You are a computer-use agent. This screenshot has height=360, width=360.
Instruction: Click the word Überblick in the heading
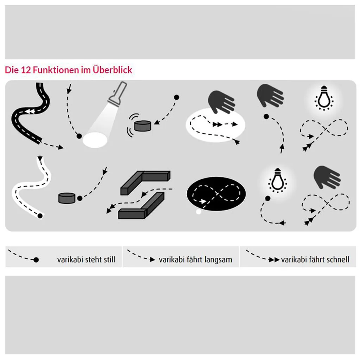[112, 70]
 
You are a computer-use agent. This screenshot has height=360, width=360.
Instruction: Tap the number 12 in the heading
[26, 70]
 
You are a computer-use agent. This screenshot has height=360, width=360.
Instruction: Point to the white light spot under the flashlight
[95, 140]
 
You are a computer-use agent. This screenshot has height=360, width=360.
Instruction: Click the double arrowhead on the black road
[30, 111]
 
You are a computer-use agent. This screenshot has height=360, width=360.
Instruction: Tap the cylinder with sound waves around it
[143, 126]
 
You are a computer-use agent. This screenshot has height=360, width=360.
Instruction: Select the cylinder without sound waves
[67, 198]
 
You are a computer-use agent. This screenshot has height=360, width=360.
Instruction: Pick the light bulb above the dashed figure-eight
[324, 98]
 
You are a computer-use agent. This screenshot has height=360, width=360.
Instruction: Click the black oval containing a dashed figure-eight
[216, 194]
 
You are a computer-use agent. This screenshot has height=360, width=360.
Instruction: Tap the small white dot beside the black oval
[199, 212]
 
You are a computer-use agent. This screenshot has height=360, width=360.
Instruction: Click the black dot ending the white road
[40, 216]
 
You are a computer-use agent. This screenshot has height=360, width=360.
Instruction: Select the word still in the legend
[109, 259]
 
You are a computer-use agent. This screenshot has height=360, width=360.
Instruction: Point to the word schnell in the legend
[338, 259]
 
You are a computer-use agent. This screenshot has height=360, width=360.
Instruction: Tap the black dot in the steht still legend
[36, 260]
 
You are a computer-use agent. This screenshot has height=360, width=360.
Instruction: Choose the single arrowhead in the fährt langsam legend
[153, 259]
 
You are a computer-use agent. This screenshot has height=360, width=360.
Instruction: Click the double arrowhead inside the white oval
[217, 124]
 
